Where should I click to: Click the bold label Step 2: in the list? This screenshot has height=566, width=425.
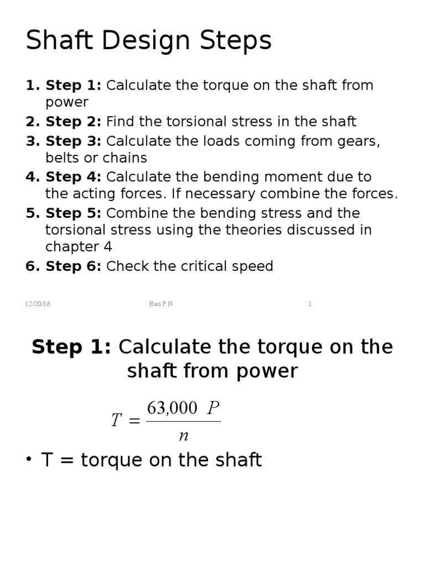point(73,122)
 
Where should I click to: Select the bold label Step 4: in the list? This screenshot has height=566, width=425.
point(73,177)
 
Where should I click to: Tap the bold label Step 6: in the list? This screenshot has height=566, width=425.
point(73,266)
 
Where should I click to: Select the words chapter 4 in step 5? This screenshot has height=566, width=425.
point(79,247)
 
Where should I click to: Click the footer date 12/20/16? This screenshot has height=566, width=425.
point(38,304)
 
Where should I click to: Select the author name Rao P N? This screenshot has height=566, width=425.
point(161,304)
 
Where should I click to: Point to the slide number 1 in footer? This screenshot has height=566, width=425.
point(310,304)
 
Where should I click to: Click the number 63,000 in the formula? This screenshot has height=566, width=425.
point(172,408)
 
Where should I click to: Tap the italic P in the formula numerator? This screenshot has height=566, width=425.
point(213,408)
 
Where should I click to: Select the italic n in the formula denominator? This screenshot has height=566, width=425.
point(184,436)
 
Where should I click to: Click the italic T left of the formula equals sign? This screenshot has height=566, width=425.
point(116,421)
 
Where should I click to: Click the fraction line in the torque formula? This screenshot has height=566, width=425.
point(183,422)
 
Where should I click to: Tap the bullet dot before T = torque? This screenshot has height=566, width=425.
point(29,461)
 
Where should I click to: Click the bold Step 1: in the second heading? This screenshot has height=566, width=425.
point(71,347)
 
